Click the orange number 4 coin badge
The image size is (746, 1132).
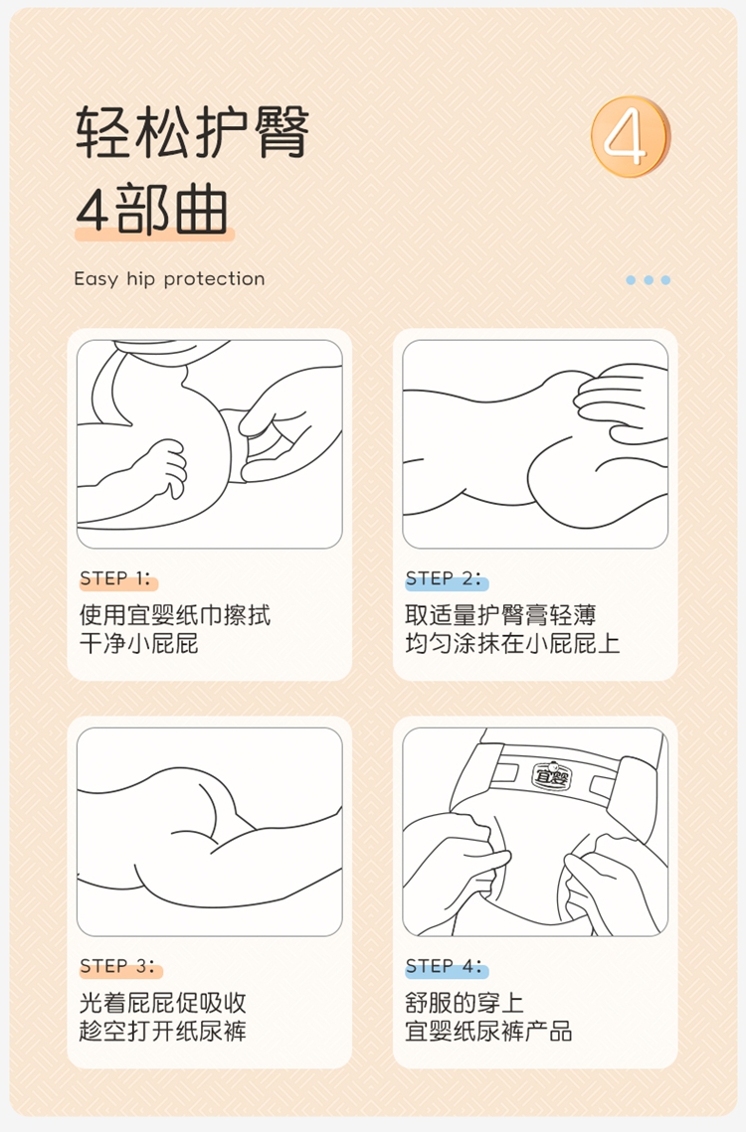pyautogui.click(x=631, y=136)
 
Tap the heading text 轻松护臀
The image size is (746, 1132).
pyautogui.click(x=192, y=132)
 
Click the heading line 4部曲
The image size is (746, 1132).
pyautogui.click(x=152, y=210)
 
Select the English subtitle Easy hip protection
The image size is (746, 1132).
pyautogui.click(x=169, y=278)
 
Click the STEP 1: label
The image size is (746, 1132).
pyautogui.click(x=115, y=578)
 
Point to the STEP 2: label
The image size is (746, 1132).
pyautogui.click(x=443, y=578)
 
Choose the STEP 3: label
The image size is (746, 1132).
pyautogui.click(x=117, y=966)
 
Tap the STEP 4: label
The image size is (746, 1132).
pyautogui.click(x=444, y=966)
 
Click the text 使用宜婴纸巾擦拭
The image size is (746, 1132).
pyautogui.click(x=175, y=615)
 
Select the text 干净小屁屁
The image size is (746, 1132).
pyautogui.click(x=139, y=643)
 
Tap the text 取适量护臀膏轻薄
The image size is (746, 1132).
pyautogui.click(x=501, y=615)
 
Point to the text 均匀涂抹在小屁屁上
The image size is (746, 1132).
pyautogui.click(x=512, y=643)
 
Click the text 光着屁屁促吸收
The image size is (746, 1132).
pyautogui.click(x=163, y=1003)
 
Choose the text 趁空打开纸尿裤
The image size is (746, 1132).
pyautogui.click(x=163, y=1031)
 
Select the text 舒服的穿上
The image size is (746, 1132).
pyautogui.click(x=465, y=1003)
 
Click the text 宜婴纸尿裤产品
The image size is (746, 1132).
pyautogui.click(x=488, y=1031)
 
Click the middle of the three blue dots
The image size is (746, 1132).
pyautogui.click(x=649, y=280)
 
